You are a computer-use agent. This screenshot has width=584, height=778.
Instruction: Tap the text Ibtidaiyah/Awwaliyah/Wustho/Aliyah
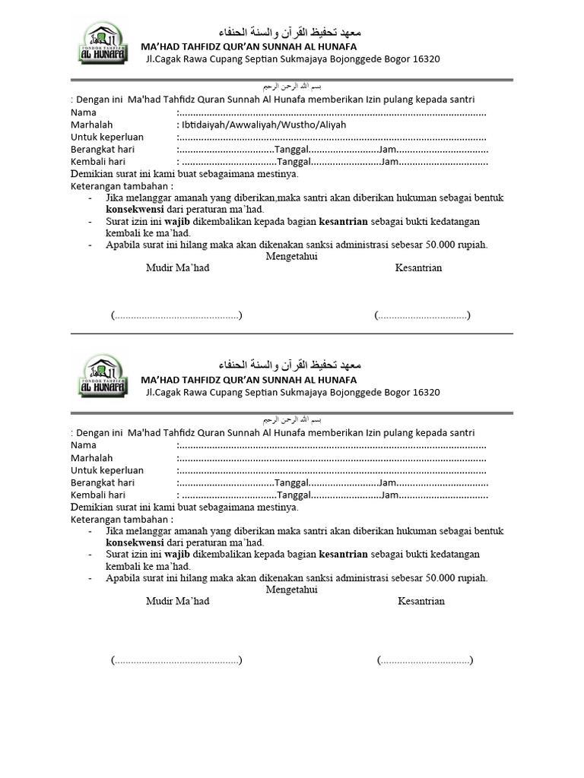[x=261, y=125]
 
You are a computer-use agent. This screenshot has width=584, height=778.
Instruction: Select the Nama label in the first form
[x=84, y=112]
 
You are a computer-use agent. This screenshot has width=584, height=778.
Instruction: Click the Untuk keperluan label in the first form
[x=107, y=137]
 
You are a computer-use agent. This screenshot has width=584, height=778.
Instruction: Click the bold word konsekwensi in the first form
[x=134, y=209]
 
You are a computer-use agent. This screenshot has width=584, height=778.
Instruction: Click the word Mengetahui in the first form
[x=291, y=257]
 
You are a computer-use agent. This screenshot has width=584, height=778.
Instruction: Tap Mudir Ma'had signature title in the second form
[x=178, y=602]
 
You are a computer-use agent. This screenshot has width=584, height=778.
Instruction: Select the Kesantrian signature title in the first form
[x=418, y=268]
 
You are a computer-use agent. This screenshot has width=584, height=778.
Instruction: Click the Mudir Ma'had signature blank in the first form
[x=176, y=315]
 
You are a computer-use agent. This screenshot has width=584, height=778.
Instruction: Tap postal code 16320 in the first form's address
[x=425, y=59]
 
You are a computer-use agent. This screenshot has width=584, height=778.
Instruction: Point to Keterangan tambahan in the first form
[x=122, y=185]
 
